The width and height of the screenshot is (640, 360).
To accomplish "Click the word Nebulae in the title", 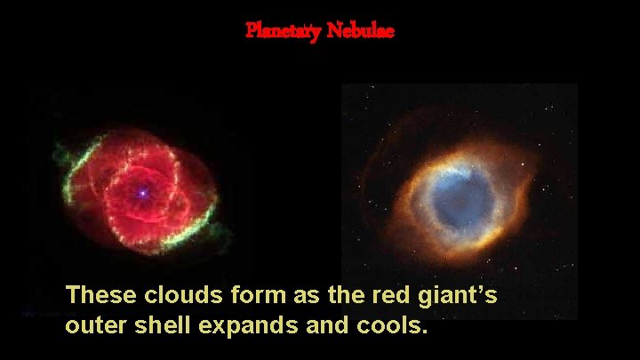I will (x=360, y=30).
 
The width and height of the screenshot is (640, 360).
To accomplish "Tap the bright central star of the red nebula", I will (x=140, y=191).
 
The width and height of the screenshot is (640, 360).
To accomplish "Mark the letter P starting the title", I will (x=251, y=30).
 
